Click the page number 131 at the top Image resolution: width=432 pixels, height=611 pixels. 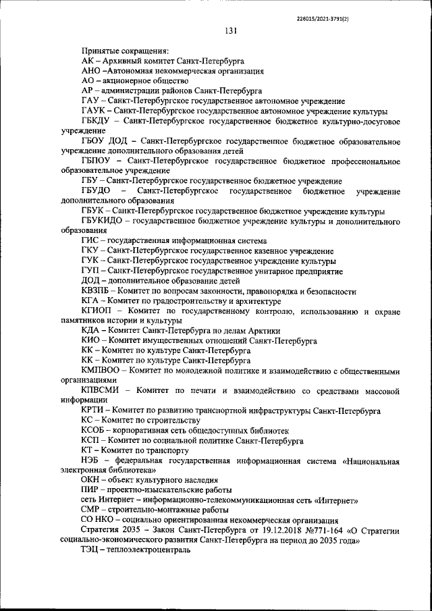pyautogui.click(x=230, y=30)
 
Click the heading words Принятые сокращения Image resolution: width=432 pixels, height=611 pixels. pyautogui.click(x=125, y=50)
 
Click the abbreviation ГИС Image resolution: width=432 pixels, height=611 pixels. pyautogui.click(x=90, y=240)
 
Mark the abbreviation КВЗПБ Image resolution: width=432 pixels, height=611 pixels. pyautogui.click(x=96, y=291)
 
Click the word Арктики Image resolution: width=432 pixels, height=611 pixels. pyautogui.click(x=263, y=331)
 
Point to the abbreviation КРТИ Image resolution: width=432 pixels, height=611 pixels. pyautogui.click(x=93, y=410)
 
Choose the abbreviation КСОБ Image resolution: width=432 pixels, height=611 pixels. pyautogui.click(x=94, y=430)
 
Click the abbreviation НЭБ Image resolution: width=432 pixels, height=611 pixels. pyautogui.click(x=90, y=460)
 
